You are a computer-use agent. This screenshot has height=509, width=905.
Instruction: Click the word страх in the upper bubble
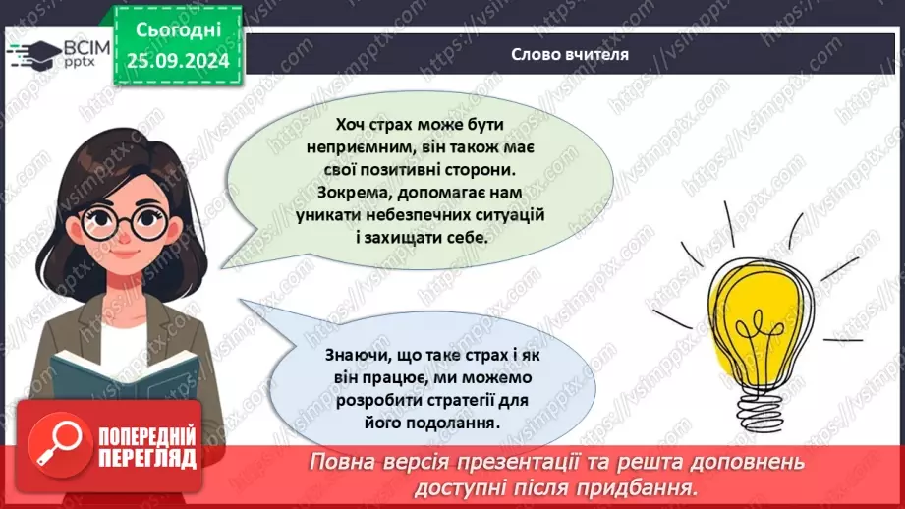(393, 126)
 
